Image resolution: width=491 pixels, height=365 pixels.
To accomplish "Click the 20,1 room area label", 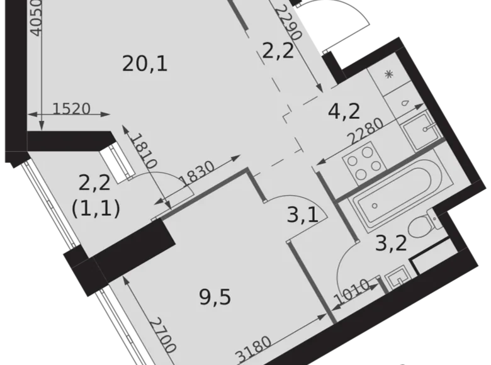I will tap(145, 63).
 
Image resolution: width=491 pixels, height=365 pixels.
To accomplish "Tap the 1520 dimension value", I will tap(71, 108).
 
